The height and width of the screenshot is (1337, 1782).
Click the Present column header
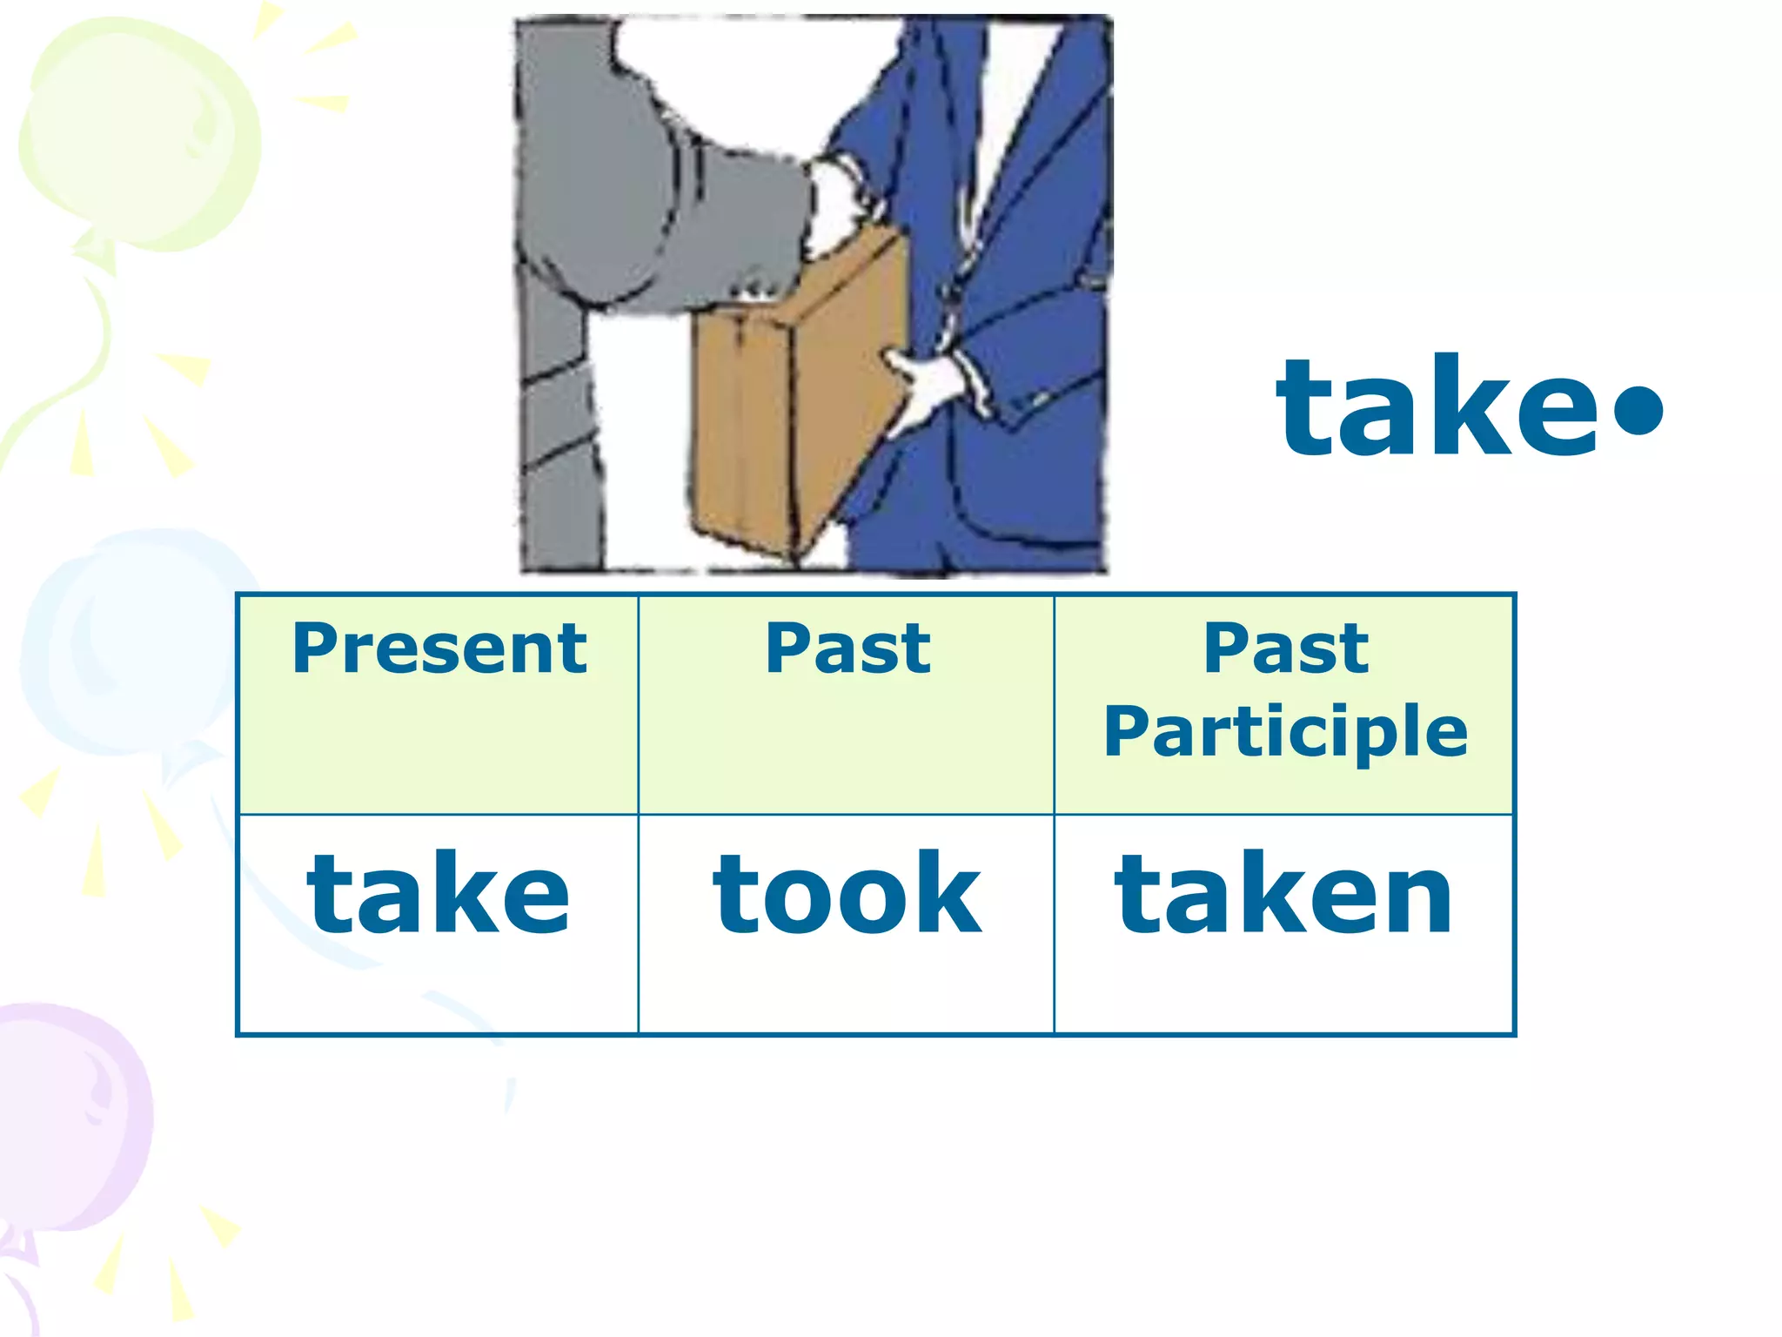click(x=439, y=649)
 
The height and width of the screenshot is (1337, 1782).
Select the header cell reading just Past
click(x=847, y=649)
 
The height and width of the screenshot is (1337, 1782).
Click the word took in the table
click(x=847, y=894)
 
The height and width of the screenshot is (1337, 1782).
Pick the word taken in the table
click(x=1283, y=894)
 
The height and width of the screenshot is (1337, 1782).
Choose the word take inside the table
click(x=439, y=894)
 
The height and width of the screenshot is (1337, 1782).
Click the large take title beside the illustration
click(x=1436, y=407)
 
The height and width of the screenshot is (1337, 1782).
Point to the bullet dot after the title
click(x=1637, y=409)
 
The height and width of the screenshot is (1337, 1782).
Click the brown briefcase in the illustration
click(x=783, y=409)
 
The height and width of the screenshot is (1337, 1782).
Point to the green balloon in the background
click(x=139, y=131)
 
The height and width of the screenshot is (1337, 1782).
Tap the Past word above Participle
click(x=1285, y=649)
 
